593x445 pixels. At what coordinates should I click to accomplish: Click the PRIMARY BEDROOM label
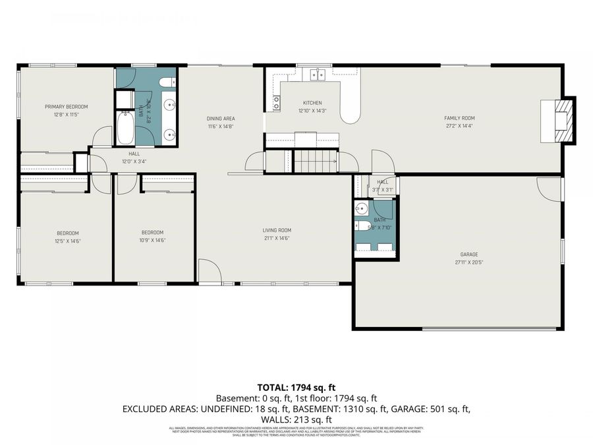tap(66, 106)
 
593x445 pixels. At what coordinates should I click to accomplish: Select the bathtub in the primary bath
tap(125, 128)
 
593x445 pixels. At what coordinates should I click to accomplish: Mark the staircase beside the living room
tap(315, 161)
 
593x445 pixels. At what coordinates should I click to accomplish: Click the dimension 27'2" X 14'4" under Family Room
tap(459, 126)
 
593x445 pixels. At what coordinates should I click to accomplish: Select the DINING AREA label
tap(221, 119)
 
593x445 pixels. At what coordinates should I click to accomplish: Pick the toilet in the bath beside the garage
tap(362, 226)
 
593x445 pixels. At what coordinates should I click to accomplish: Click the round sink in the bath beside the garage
tap(360, 210)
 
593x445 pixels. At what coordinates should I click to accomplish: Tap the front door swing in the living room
tap(208, 270)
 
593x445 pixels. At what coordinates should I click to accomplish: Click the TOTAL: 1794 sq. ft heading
tap(296, 388)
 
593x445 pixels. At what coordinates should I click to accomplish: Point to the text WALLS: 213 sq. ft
tap(296, 419)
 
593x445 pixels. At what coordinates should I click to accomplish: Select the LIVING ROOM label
tap(277, 230)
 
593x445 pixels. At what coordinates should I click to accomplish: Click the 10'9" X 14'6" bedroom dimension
tap(153, 240)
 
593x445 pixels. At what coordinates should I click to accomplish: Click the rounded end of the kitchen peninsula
tap(351, 115)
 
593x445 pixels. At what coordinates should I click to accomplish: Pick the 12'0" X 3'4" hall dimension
tap(134, 161)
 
